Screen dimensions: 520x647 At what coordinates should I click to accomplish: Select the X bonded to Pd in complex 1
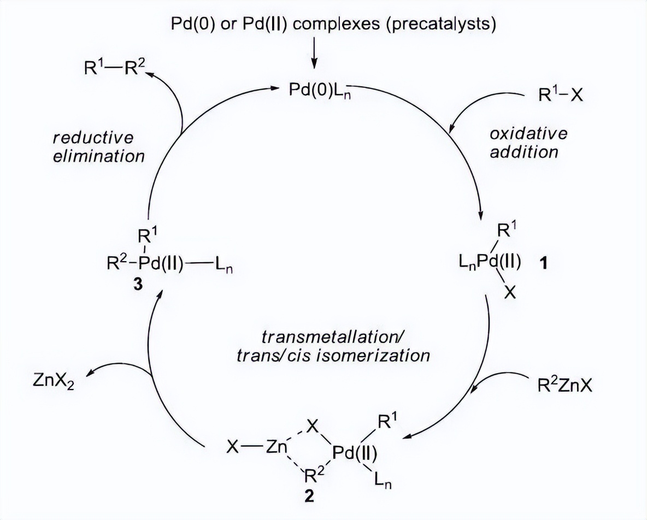tap(509, 293)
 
